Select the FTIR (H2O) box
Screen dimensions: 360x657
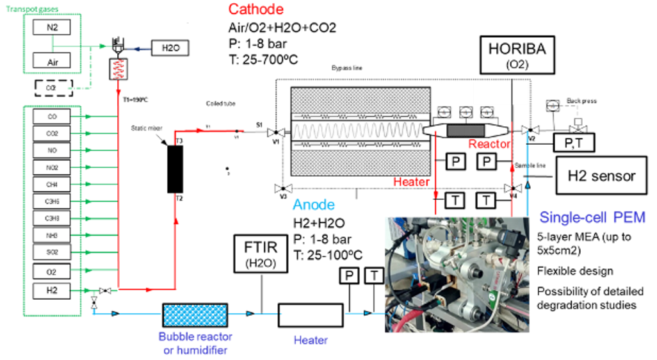pyautogui.click(x=261, y=255)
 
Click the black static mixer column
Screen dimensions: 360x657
pyautogui.click(x=175, y=168)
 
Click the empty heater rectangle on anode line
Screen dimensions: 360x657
pyautogui.click(x=311, y=314)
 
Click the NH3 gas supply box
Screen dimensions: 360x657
pyautogui.click(x=52, y=234)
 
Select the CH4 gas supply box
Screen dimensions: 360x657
pyautogui.click(x=52, y=184)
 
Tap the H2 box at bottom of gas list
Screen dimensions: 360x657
pyautogui.click(x=52, y=290)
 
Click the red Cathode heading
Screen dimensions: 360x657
pyautogui.click(x=255, y=10)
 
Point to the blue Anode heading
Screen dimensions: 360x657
pyautogui.click(x=314, y=204)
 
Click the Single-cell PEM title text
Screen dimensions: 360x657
pyautogui.click(x=592, y=218)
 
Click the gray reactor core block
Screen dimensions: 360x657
pyautogui.click(x=466, y=130)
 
